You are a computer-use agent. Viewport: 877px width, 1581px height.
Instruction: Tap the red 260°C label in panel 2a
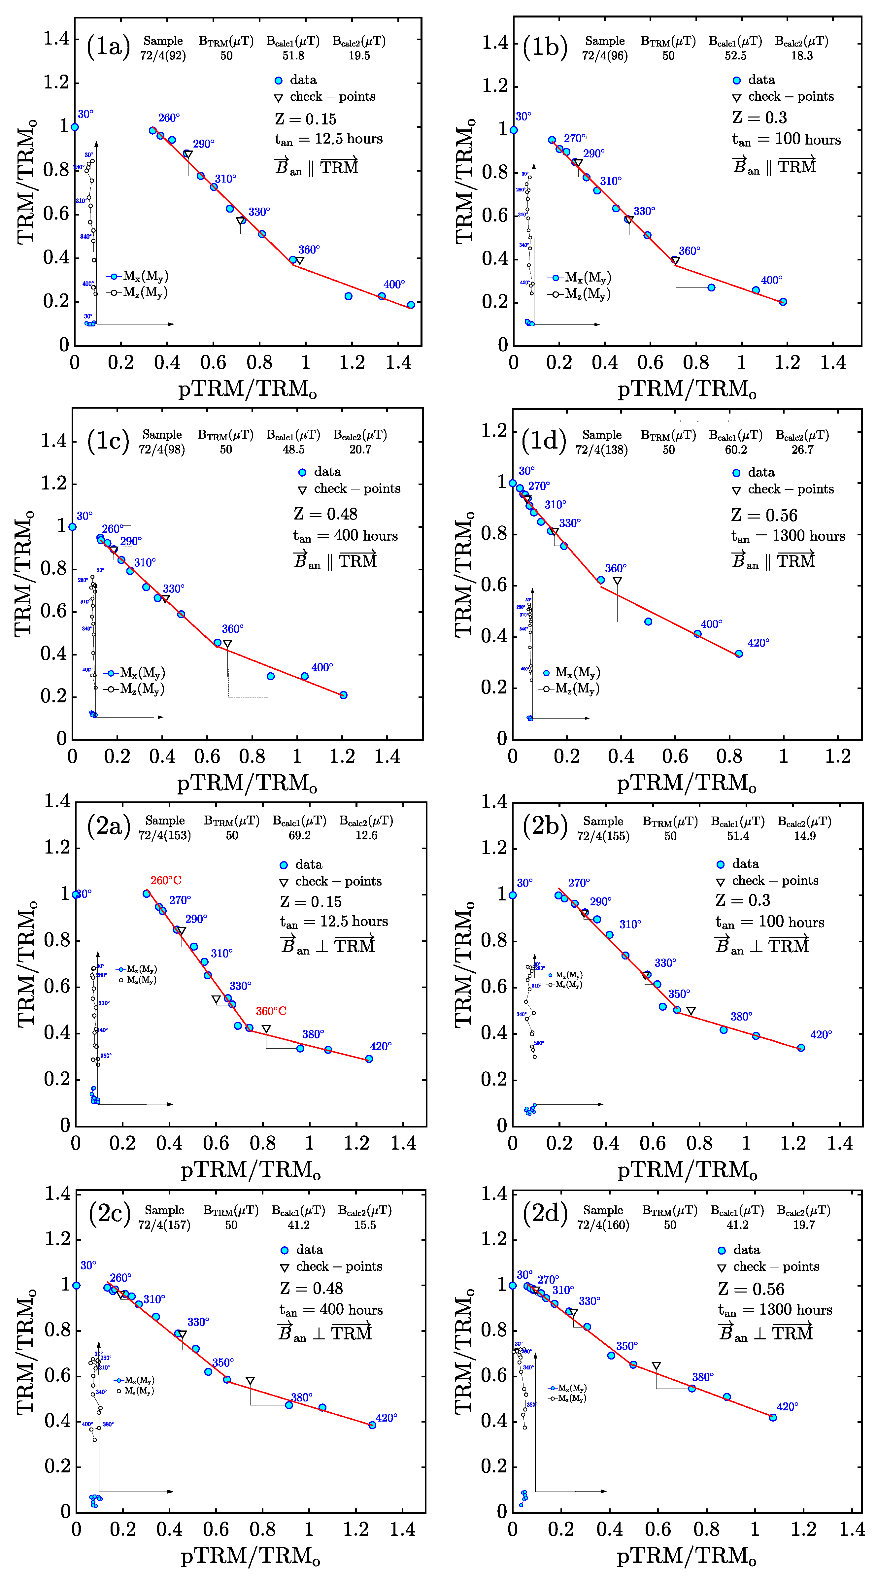[166, 880]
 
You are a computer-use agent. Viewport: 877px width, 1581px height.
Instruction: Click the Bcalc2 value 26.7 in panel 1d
[802, 450]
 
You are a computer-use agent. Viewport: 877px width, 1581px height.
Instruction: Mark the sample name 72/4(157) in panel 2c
[164, 1225]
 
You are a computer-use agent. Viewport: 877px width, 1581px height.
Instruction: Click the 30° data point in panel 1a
[75, 127]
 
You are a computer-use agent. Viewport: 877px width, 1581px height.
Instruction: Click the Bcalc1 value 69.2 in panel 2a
[299, 835]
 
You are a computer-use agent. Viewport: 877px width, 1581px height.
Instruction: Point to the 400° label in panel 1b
[771, 281]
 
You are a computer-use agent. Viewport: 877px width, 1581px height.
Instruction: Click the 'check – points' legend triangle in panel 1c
[302, 490]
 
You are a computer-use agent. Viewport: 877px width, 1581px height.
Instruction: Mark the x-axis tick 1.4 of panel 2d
[852, 1530]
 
